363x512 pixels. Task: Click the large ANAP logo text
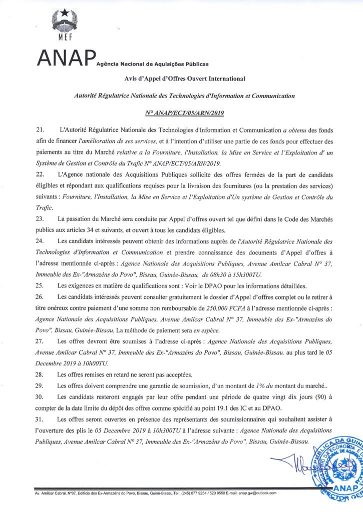65,58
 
